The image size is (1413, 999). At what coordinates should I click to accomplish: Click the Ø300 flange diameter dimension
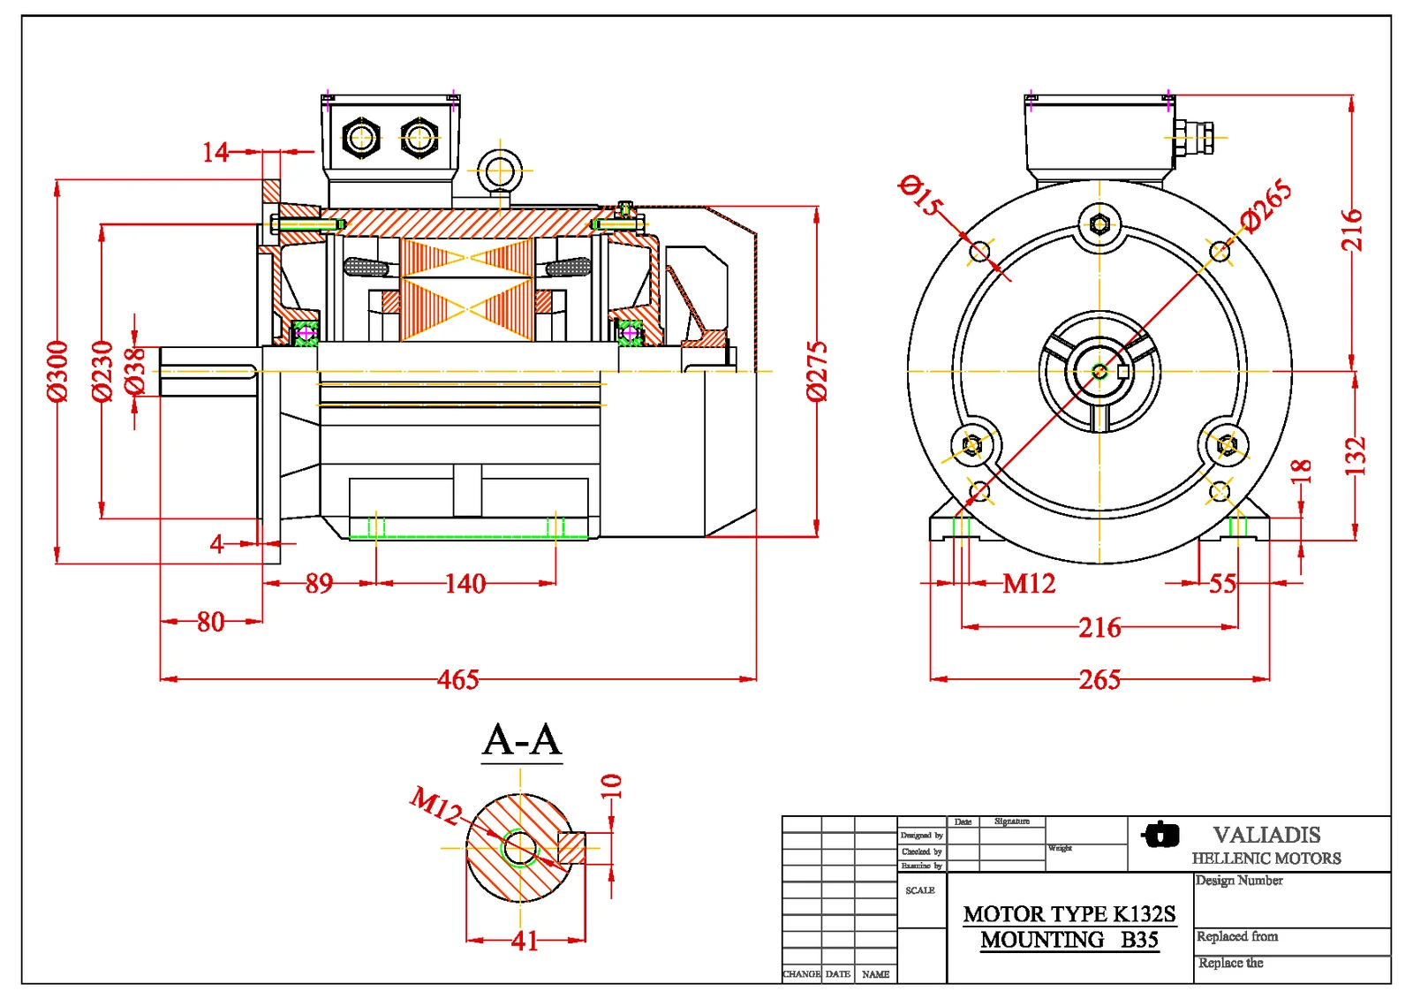point(57,371)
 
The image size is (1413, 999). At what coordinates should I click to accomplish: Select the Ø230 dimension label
point(102,371)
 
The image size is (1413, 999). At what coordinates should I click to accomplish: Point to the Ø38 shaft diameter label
point(134,371)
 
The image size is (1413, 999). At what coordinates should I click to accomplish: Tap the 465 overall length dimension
point(458,679)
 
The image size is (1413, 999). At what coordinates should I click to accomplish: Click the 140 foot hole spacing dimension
point(465,583)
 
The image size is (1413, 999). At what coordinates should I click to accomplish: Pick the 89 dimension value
point(319,583)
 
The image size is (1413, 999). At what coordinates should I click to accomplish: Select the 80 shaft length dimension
point(210,622)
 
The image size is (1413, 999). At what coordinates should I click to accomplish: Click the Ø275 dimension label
point(818,371)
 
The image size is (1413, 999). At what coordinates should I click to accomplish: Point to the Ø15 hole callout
point(919,195)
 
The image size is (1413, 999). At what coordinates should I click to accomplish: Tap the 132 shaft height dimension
point(1355,456)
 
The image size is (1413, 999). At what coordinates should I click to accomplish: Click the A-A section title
point(522,740)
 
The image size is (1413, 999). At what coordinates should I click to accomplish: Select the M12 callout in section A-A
point(436,805)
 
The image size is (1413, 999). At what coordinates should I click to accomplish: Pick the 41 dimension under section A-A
point(525,941)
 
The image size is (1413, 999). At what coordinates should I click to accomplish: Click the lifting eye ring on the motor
point(500,170)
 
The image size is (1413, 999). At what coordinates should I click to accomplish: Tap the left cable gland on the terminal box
point(360,138)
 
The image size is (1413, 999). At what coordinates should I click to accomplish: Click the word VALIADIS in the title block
point(1266,835)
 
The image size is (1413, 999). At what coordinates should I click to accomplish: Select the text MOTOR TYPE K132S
point(1069,913)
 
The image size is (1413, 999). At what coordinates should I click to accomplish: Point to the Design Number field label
point(1239,881)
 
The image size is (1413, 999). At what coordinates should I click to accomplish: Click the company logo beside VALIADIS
point(1160,835)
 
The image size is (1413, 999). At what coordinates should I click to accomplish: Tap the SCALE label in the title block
point(919,890)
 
